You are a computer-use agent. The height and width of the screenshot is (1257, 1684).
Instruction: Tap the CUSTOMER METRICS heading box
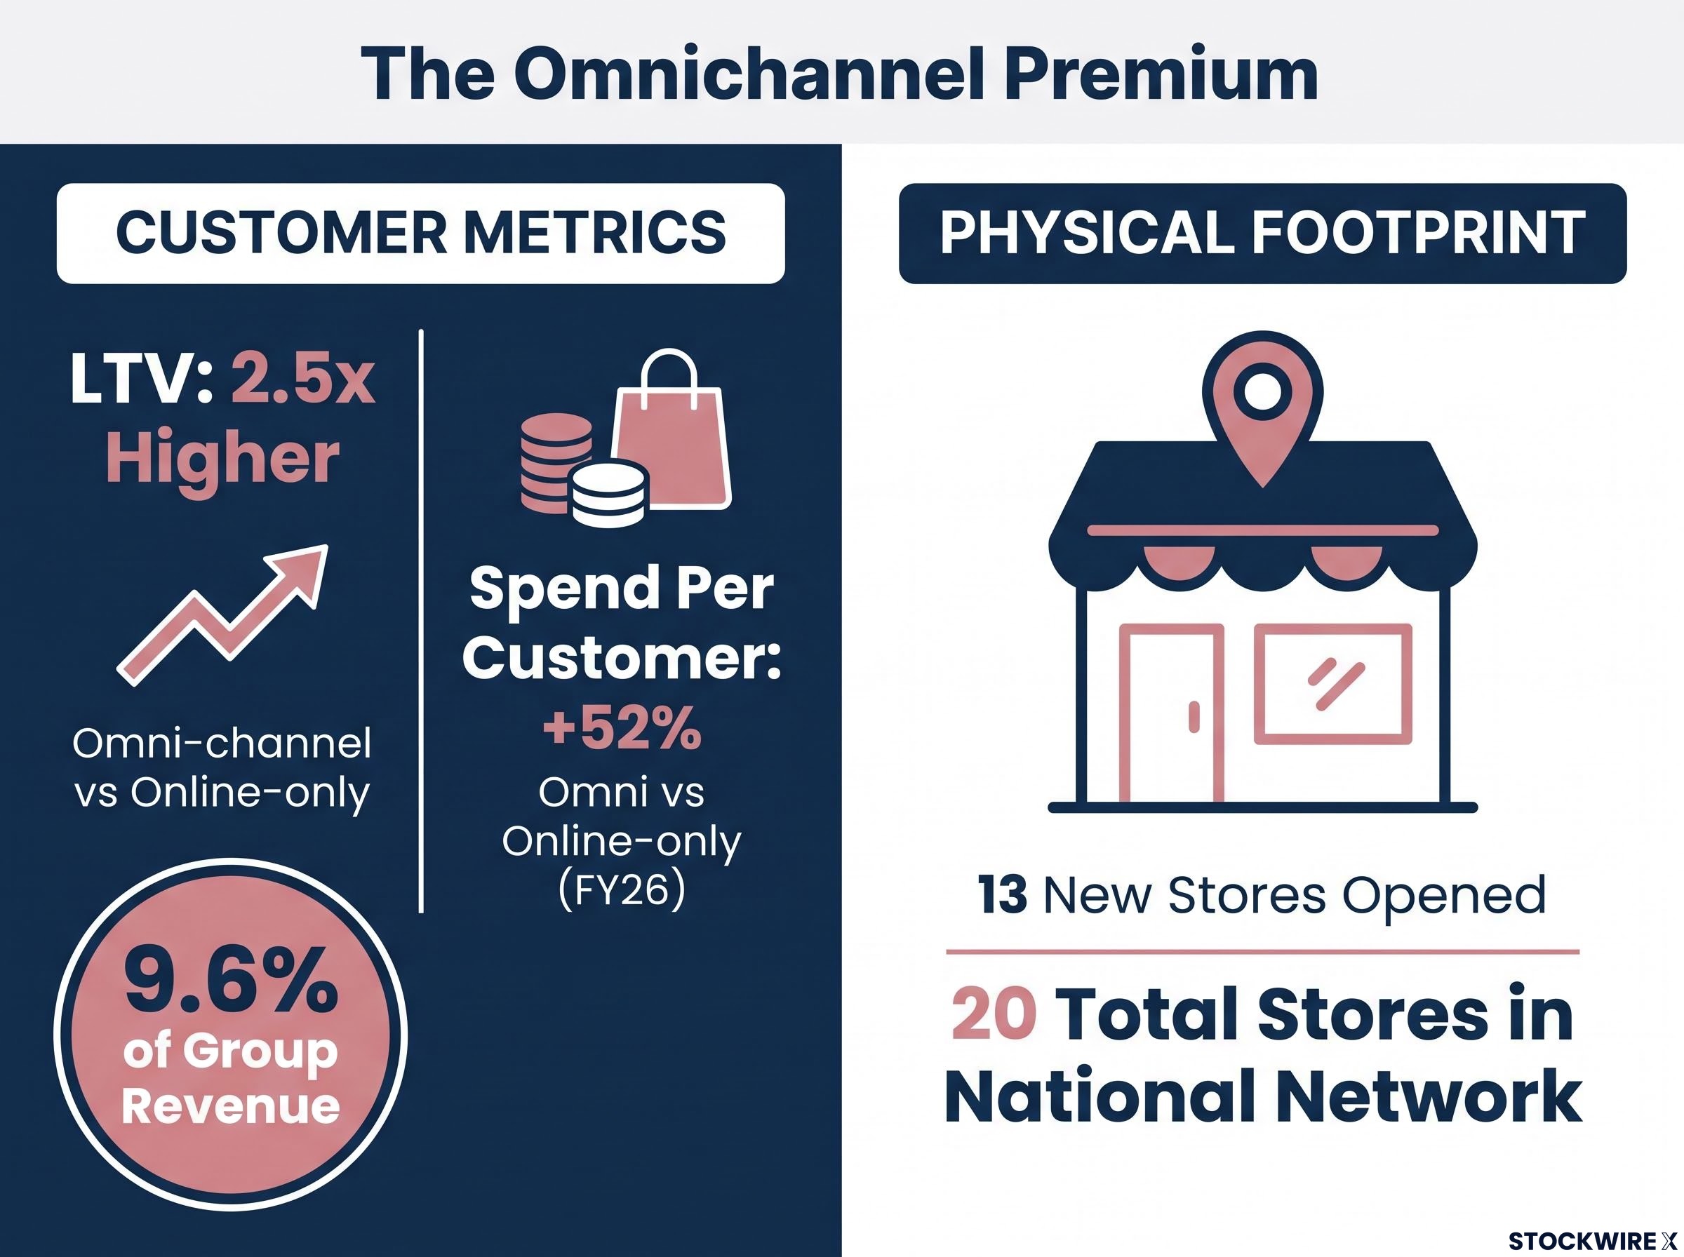[x=421, y=234]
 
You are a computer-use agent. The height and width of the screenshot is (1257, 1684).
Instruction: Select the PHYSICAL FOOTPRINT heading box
[x=1262, y=234]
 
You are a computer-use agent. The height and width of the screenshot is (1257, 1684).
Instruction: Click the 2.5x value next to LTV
[x=303, y=379]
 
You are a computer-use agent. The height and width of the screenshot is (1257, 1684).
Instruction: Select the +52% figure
[x=622, y=728]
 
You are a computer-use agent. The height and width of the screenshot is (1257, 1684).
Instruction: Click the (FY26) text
[x=622, y=891]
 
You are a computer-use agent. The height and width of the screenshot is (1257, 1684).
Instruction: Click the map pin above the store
[x=1262, y=408]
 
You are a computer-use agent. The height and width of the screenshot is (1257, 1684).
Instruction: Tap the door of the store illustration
[x=1172, y=713]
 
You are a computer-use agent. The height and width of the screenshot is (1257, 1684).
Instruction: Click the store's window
[x=1333, y=684]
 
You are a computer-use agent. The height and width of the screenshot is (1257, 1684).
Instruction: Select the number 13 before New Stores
[x=1003, y=896]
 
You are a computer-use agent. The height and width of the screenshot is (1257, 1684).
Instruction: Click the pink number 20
[x=994, y=1014]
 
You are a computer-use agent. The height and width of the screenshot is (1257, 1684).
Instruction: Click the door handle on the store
[x=1194, y=718]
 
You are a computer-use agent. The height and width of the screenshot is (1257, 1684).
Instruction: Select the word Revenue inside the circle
[x=231, y=1105]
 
